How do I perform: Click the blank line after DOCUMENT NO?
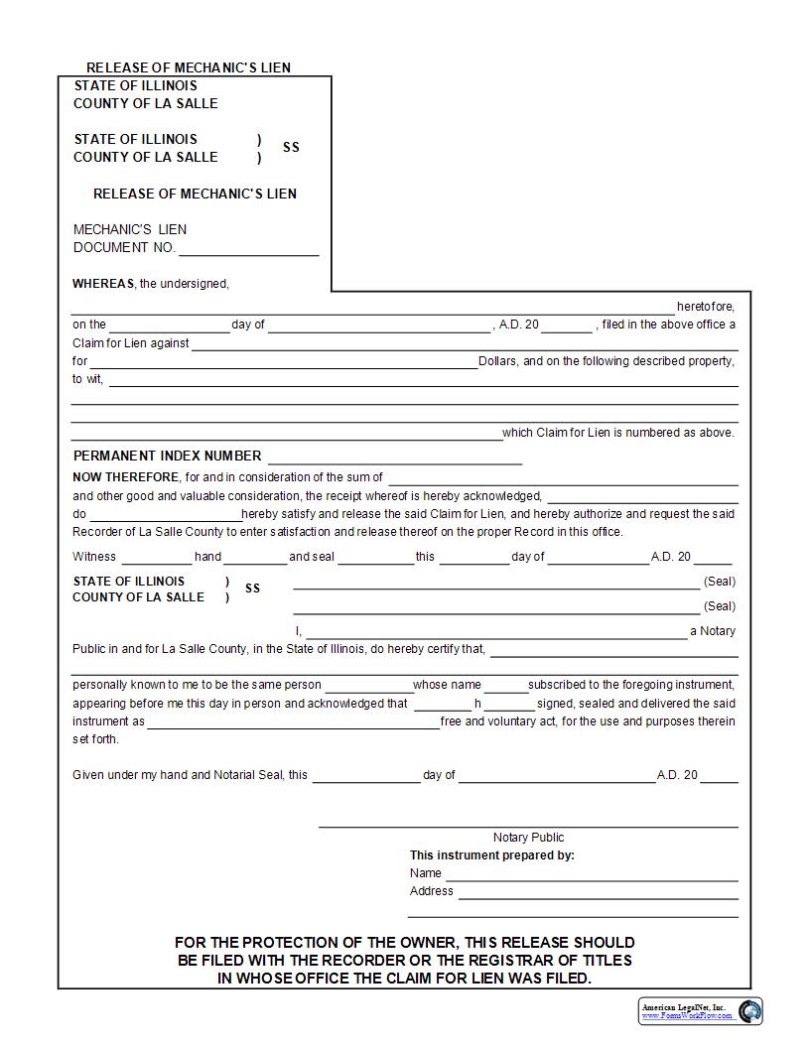coord(248,249)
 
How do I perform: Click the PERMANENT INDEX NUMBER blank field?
coord(394,458)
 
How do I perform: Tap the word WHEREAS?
coord(103,284)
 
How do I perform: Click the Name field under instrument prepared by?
coord(591,874)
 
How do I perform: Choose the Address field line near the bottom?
coord(598,892)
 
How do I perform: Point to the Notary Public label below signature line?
coord(528,838)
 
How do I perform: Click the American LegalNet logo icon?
coord(749,1011)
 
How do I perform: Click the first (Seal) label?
coord(720,582)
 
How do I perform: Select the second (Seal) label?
coord(720,606)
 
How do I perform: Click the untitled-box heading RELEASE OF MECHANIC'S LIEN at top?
coord(189,68)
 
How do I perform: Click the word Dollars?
coord(498,361)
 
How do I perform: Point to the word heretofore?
coord(706,307)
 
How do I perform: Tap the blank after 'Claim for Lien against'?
coord(464,344)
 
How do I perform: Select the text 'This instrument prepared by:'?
coord(492,855)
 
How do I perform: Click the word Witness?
coord(94,557)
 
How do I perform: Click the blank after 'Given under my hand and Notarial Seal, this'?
coord(366,776)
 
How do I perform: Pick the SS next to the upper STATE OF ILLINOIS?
coord(291,148)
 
